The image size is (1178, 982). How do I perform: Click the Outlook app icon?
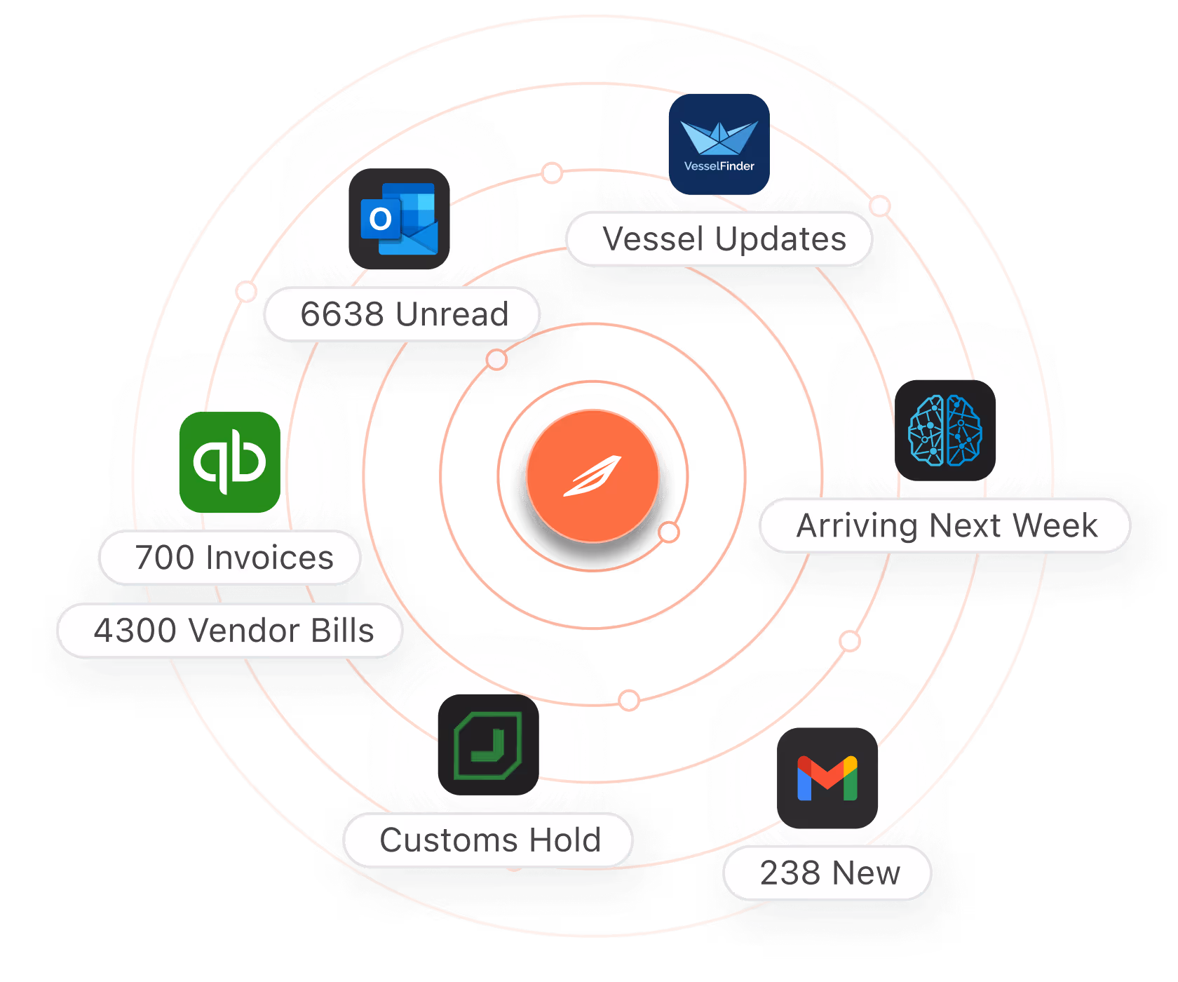pos(399,219)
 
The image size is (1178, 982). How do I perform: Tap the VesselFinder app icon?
pos(719,144)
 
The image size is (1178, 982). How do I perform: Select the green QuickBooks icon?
pos(230,462)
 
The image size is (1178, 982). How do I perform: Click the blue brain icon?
pos(945,431)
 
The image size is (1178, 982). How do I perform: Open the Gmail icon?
pos(827,778)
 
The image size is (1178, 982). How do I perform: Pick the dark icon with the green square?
pos(488,745)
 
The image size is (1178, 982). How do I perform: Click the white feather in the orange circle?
pos(593,476)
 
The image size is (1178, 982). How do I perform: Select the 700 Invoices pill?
pos(231,558)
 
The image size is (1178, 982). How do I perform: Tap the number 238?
pos(790,873)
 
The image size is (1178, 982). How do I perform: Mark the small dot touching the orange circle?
pos(670,532)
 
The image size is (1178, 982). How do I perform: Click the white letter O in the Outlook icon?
pos(381,220)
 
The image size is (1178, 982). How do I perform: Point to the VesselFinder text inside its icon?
pos(719,166)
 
